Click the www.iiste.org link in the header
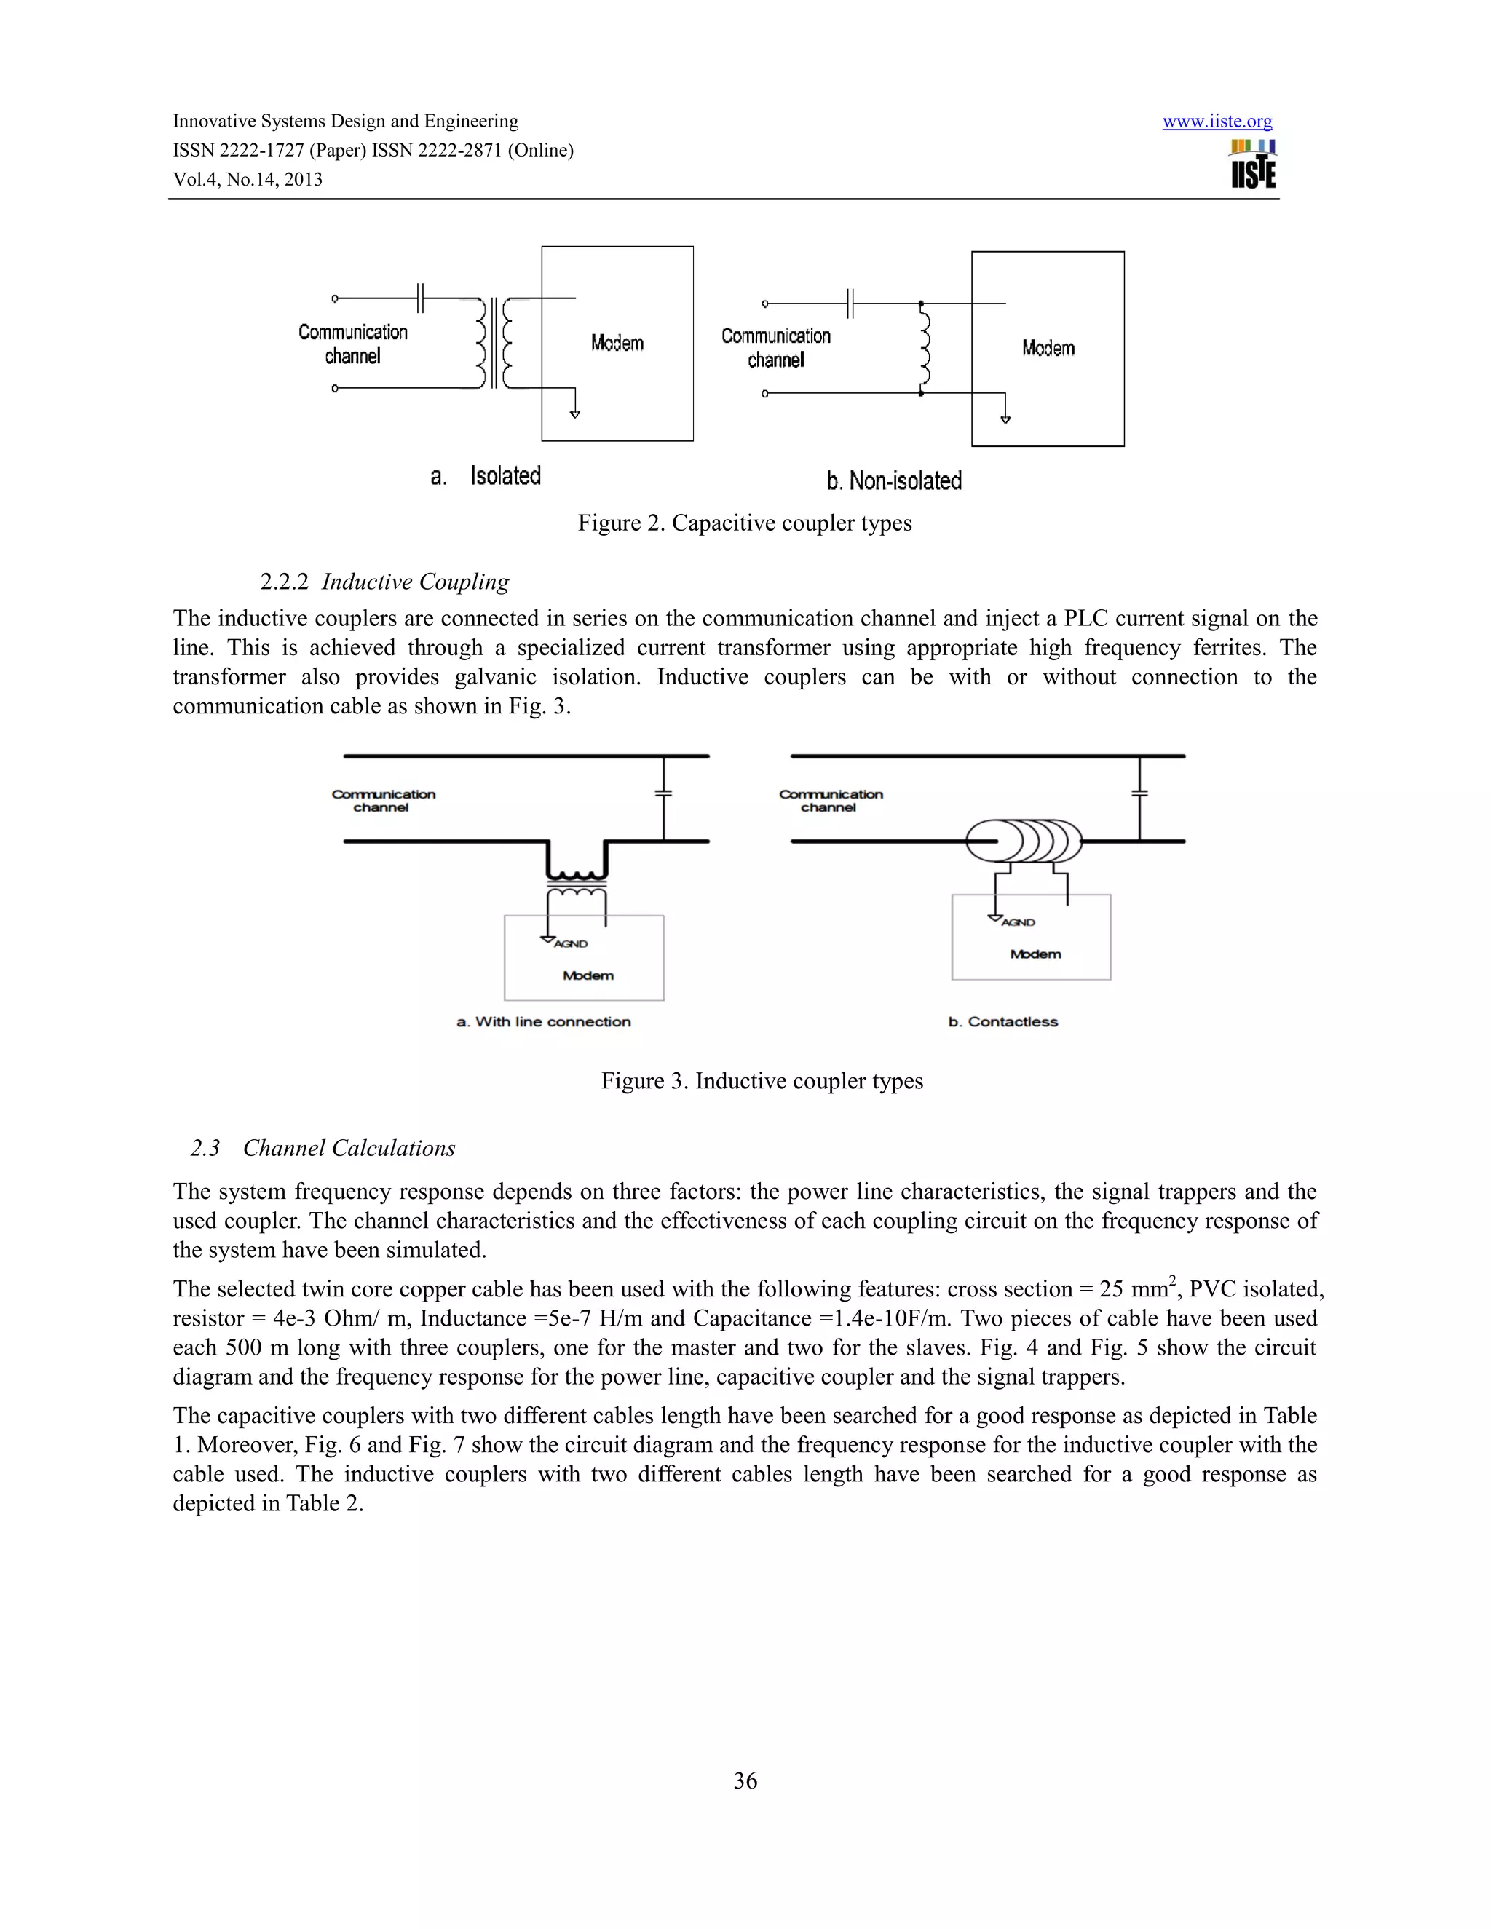click(x=1217, y=122)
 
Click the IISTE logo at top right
click(x=1254, y=165)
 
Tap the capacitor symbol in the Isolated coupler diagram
click(x=422, y=298)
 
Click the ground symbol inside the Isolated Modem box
click(x=575, y=413)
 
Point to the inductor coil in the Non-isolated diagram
click(x=924, y=347)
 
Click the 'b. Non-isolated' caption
click(x=894, y=481)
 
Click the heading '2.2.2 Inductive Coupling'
click(x=384, y=582)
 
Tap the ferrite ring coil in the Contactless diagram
click(x=1024, y=841)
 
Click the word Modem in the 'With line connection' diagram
click(x=588, y=975)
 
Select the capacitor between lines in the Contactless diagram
click(x=1139, y=793)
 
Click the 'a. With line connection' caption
click(x=543, y=1022)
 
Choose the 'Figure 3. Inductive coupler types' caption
click(x=762, y=1081)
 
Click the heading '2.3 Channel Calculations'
click(x=323, y=1148)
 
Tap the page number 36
click(x=745, y=1781)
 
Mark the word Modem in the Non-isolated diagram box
click(x=1048, y=348)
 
